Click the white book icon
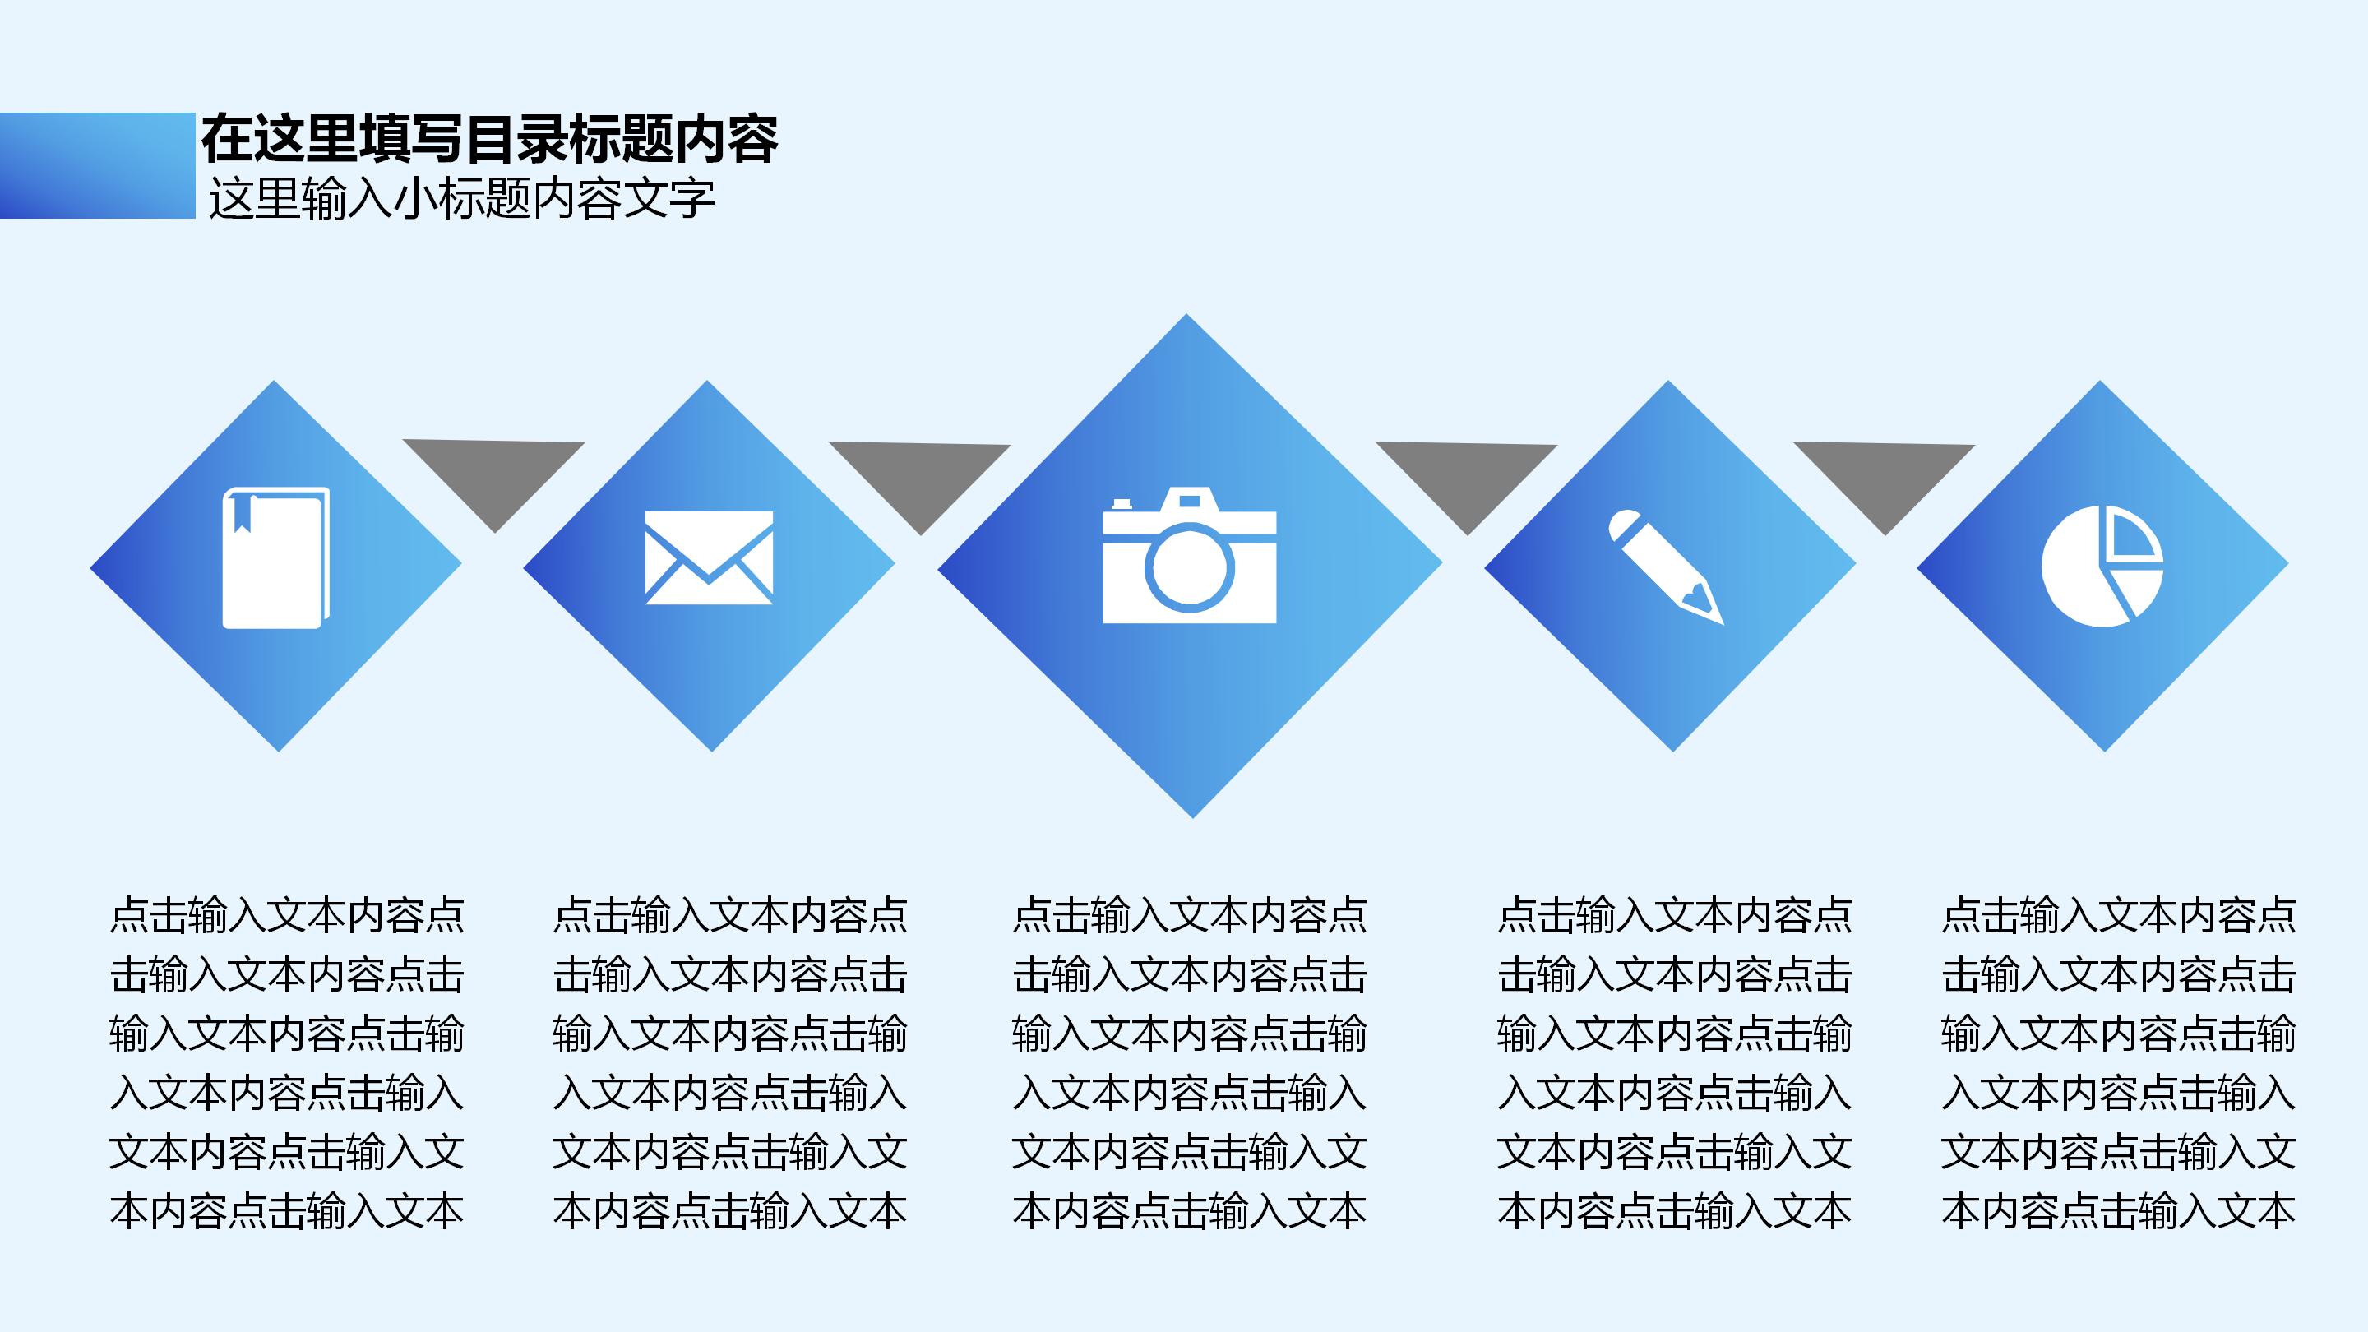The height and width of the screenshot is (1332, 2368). [x=275, y=558]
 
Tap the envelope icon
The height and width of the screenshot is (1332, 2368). [x=709, y=558]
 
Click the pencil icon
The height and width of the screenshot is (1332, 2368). [x=1665, y=566]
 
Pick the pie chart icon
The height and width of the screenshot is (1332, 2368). [x=2102, y=567]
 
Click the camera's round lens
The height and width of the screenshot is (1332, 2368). [x=1190, y=570]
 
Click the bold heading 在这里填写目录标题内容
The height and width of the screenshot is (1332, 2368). [x=490, y=140]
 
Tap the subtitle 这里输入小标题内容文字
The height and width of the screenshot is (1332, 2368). [x=461, y=200]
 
